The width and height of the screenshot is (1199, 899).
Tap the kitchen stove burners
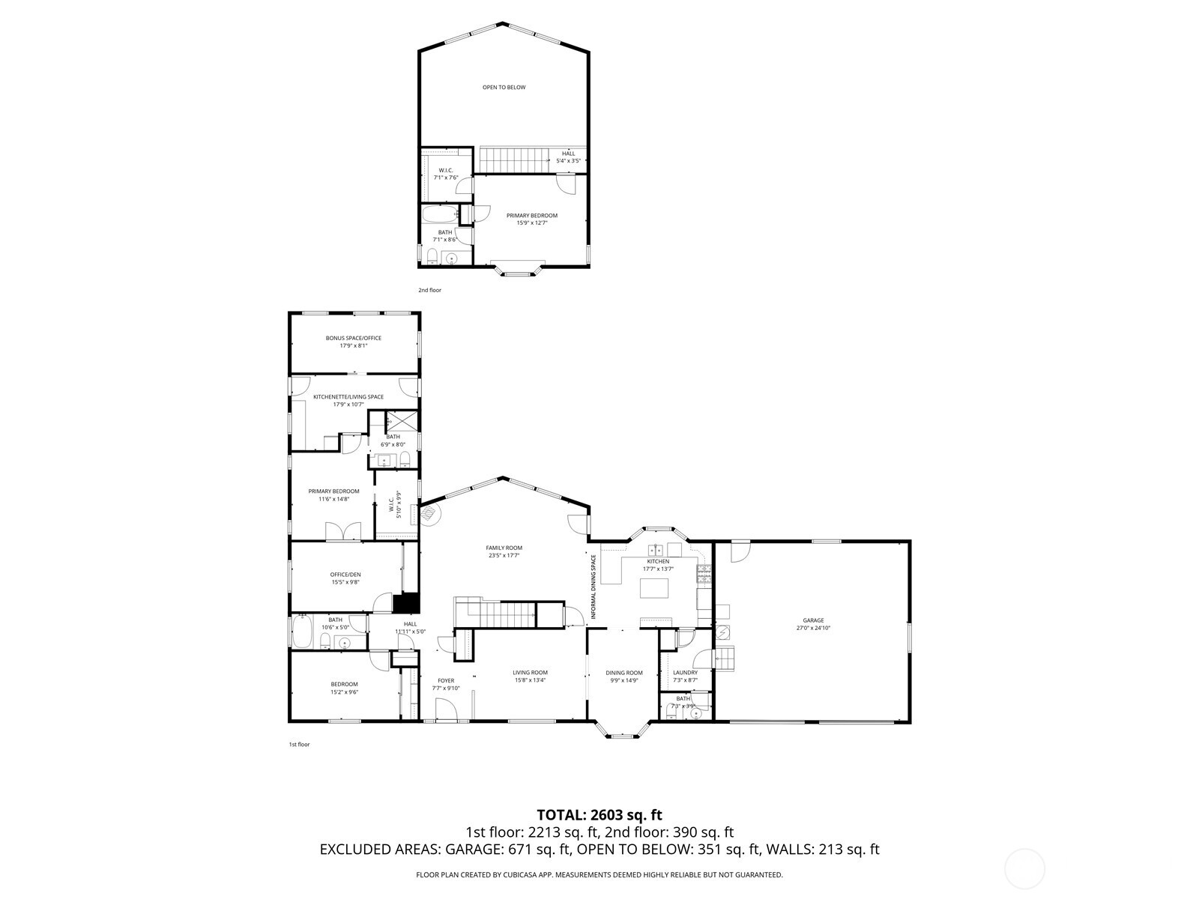point(704,575)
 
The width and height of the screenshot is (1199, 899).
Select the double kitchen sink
point(656,549)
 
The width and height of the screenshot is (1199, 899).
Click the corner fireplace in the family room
point(429,514)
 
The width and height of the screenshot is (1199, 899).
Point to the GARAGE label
point(813,620)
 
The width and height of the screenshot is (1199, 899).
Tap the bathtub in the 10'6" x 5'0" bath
point(301,632)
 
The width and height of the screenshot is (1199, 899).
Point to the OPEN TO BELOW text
point(504,88)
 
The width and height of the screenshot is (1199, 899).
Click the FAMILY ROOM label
point(504,548)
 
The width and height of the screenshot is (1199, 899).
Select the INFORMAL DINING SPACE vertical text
point(593,587)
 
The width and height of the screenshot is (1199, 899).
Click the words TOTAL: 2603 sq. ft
point(599,814)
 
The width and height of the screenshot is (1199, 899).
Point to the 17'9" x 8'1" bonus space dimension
point(353,345)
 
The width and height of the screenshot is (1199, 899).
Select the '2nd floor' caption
point(429,290)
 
